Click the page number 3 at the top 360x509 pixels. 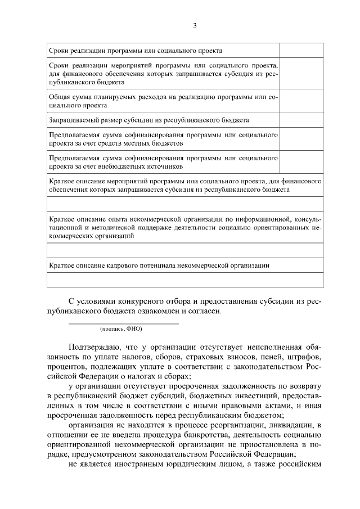click(195, 25)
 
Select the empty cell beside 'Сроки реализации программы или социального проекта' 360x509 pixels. click(301, 50)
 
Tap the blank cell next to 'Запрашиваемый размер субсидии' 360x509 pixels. click(301, 120)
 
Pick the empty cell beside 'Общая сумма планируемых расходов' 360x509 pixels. click(301, 101)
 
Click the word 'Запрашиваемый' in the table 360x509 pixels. click(70, 120)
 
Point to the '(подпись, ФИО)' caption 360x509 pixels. click(120, 328)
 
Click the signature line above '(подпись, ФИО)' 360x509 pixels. click(123, 323)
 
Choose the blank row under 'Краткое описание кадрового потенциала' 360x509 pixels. click(186, 280)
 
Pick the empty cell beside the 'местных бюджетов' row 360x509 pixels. click(301, 140)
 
